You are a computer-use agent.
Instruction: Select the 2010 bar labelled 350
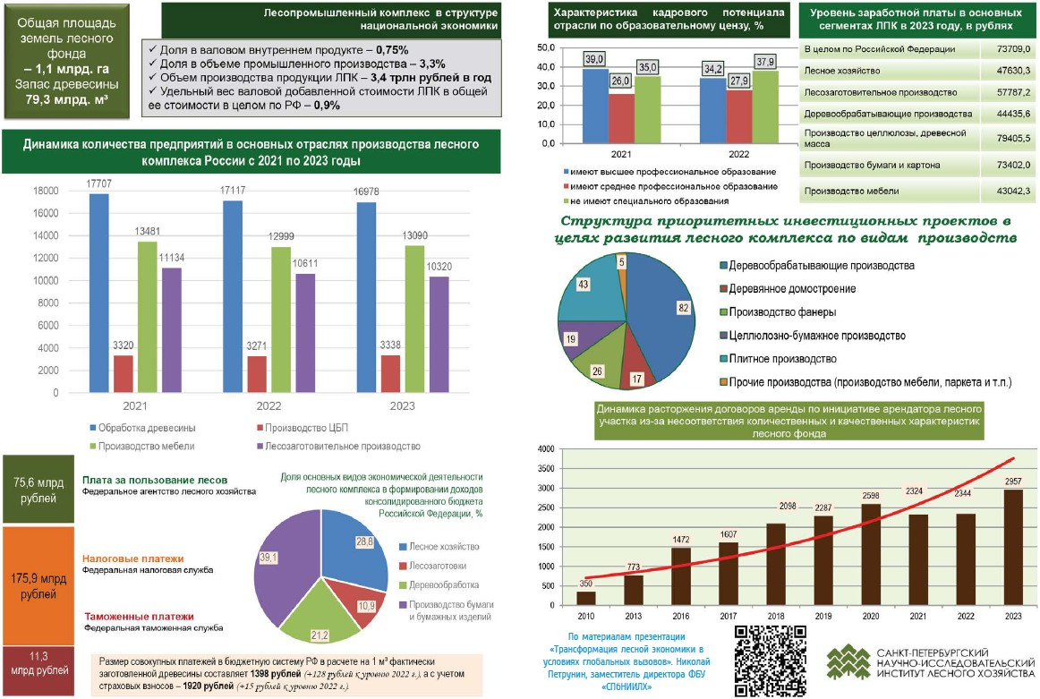click(x=586, y=598)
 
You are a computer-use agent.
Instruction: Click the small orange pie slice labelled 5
click(x=620, y=264)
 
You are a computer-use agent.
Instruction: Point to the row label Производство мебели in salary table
click(x=840, y=191)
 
